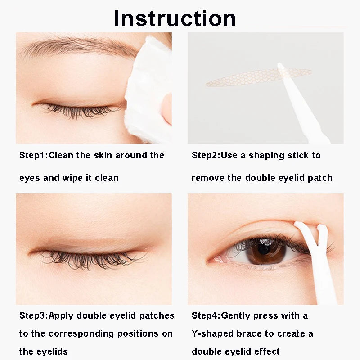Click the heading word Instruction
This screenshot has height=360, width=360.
click(175, 18)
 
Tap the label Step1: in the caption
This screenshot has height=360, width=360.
click(33, 156)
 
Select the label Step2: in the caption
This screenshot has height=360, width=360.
click(206, 156)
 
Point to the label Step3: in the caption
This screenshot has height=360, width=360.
click(34, 315)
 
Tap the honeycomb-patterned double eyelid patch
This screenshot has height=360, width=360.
click(252, 78)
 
